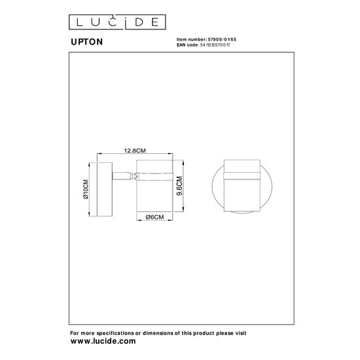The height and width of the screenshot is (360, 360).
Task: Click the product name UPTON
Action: coord(84,41)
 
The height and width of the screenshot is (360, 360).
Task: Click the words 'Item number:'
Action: coord(191,39)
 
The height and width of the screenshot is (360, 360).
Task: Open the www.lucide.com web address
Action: coord(102,342)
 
